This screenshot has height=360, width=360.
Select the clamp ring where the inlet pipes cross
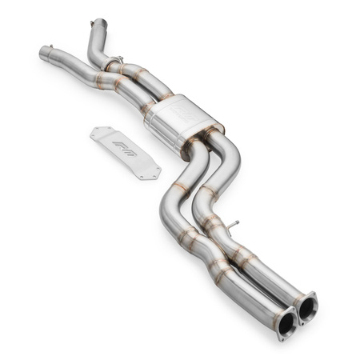point(115,62)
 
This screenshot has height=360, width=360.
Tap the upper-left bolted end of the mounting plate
point(98,132)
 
